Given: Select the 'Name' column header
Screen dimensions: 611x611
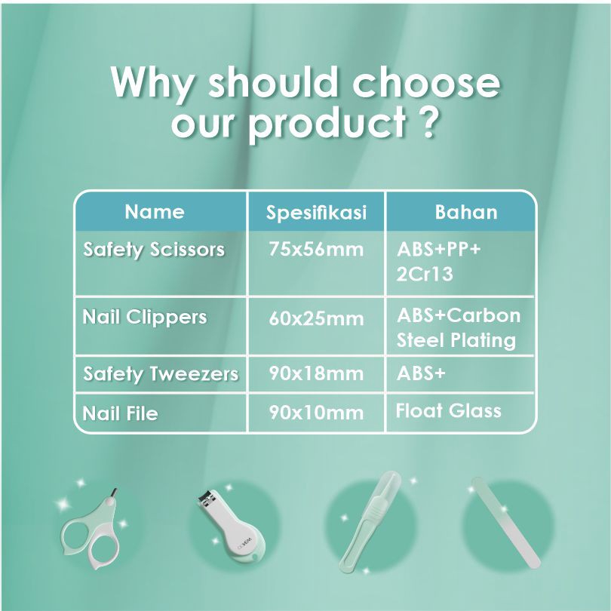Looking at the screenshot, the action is [155, 212].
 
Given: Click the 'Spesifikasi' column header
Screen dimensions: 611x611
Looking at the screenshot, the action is [316, 213].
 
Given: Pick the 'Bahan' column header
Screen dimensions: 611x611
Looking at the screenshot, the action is [466, 213].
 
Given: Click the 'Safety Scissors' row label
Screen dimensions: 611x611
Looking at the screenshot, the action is [154, 250].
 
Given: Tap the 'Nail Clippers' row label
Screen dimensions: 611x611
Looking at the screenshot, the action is [145, 317].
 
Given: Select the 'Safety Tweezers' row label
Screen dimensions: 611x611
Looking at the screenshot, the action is [161, 373].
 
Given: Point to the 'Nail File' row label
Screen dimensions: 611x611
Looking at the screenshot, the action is [121, 413].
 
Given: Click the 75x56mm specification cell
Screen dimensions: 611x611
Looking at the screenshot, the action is [316, 250].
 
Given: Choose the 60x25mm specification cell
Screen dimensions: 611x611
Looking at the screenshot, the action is [316, 319].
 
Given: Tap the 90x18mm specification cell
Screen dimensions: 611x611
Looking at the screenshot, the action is [316, 373].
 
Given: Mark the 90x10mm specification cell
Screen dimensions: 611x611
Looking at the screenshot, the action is [316, 413].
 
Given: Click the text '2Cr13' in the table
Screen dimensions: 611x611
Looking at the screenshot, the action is [425, 274].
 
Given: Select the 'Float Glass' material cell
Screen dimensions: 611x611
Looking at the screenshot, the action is [449, 410].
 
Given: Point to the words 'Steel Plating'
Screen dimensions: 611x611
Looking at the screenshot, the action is [456, 340].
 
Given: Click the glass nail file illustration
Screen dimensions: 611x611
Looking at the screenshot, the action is [506, 522].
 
